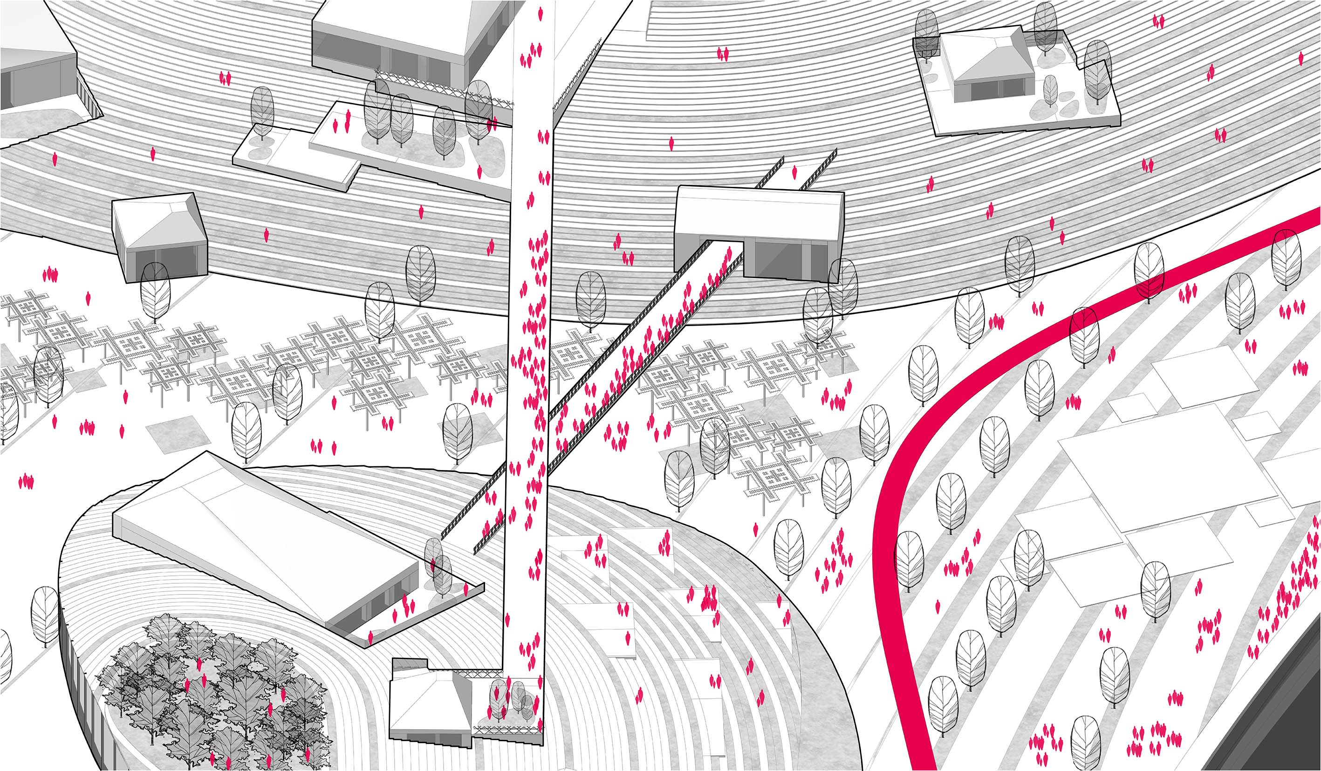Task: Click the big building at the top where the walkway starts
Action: click(409, 32)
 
